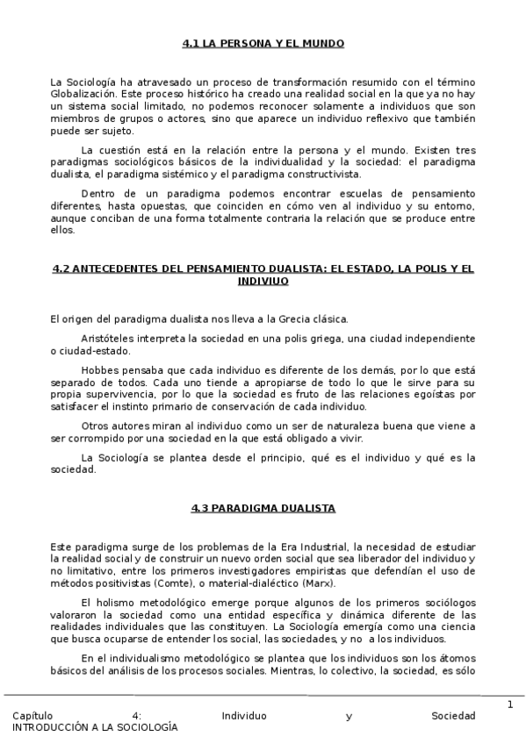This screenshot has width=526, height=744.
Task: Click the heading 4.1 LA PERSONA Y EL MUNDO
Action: coord(263,43)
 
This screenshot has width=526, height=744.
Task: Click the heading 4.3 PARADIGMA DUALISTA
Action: coord(263,508)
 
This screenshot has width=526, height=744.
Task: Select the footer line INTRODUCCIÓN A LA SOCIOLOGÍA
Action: coord(95,727)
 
